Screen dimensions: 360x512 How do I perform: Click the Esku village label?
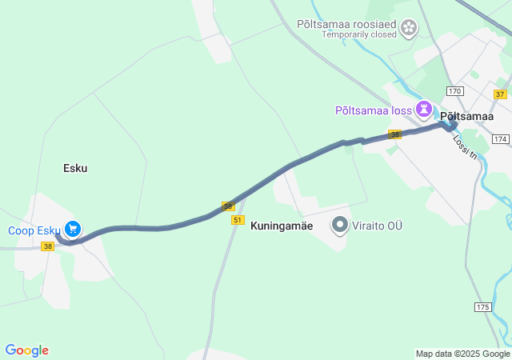75,168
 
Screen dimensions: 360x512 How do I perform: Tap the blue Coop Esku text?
34,230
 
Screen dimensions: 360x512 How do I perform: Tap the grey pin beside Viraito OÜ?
340,226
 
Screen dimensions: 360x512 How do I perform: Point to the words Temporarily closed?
358,35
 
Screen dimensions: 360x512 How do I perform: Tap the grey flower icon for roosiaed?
409,29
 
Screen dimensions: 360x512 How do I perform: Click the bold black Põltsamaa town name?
466,116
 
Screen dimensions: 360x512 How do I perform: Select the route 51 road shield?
238,219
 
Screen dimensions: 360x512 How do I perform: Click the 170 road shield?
455,90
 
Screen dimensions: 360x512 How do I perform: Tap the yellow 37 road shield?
500,94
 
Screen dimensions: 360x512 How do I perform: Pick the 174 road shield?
501,139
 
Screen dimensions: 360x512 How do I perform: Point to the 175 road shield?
482,307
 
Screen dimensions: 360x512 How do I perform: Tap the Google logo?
26,350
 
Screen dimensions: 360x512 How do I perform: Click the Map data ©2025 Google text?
462,354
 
